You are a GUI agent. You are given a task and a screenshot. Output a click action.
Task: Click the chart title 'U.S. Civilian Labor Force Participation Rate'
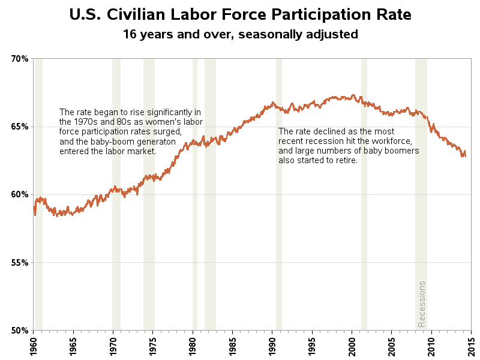[x=240, y=14]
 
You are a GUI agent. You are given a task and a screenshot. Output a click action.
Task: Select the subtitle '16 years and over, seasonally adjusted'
[x=240, y=34]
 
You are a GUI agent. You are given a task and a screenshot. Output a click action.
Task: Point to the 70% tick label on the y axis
[x=19, y=59]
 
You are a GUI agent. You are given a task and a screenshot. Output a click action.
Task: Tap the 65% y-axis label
[x=19, y=127]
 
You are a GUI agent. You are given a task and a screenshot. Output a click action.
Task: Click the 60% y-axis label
[x=19, y=194]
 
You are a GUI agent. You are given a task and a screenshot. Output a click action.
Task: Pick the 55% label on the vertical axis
[x=19, y=262]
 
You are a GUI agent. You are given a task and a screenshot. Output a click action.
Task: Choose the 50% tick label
[x=19, y=330]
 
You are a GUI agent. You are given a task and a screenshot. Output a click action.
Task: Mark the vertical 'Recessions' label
[x=421, y=304]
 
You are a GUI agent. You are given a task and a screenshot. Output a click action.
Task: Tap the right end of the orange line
[x=465, y=155]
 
